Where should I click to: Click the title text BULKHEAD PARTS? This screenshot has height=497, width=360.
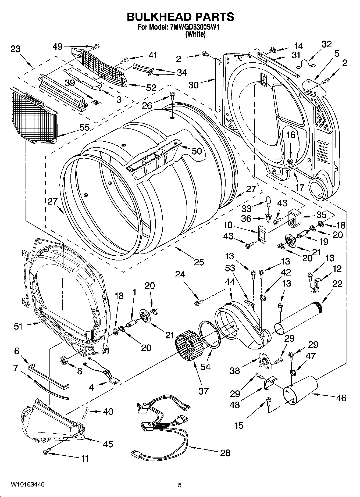pos(180,17)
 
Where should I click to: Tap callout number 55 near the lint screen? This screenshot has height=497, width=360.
pos(84,127)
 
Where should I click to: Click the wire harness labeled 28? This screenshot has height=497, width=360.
pos(161,425)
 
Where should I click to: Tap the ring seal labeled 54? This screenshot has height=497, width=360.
pos(209,335)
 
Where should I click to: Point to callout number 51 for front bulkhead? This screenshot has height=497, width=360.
pos(18,326)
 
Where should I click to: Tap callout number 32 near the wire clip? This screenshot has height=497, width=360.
pos(326,44)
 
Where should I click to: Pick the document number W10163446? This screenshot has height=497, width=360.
pos(27,484)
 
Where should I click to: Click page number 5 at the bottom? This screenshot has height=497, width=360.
pos(180,485)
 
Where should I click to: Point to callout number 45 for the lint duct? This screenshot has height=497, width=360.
pos(108,444)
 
